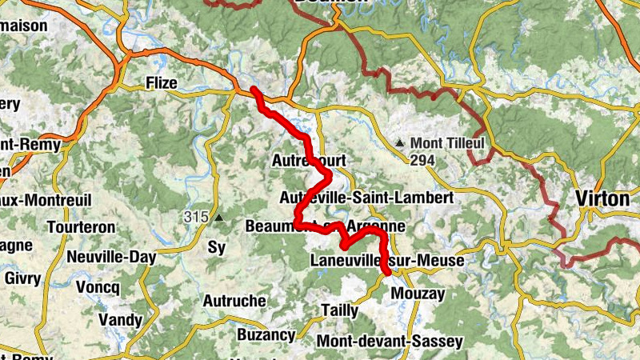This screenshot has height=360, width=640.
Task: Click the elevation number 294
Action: [x=422, y=160]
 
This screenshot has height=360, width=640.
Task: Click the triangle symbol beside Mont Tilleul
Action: [x=399, y=143]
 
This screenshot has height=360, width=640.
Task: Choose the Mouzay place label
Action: [x=417, y=294]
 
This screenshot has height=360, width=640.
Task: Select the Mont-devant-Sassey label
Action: [x=390, y=342]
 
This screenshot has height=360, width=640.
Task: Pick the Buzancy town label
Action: [x=266, y=334]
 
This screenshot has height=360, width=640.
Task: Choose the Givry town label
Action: [x=22, y=278]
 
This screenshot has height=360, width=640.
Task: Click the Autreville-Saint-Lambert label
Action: [x=367, y=197]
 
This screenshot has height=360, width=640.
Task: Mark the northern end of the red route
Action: [x=254, y=88]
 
